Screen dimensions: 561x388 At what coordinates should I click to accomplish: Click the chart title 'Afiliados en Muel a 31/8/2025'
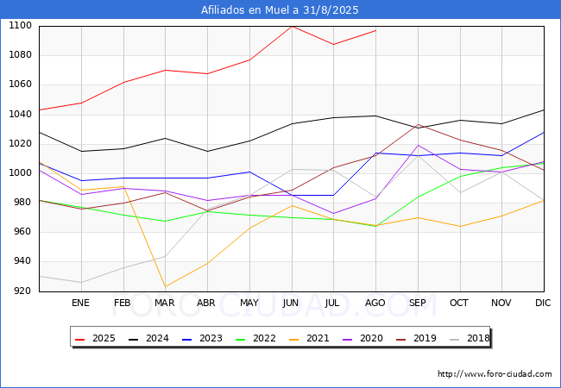pos(280,10)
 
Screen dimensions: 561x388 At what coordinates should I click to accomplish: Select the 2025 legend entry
pos(95,338)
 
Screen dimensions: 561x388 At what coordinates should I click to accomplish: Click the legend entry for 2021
pos(309,338)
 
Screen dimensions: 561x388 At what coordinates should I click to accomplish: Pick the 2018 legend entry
pos(470,338)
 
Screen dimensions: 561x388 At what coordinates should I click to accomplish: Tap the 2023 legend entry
pos(202,338)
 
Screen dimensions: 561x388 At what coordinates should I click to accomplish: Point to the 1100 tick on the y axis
pos(20,26)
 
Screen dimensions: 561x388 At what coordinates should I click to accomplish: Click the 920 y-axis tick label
pos(22,291)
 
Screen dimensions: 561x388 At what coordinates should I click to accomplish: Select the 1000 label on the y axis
pos(20,173)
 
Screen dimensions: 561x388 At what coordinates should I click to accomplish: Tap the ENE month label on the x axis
pos(80,303)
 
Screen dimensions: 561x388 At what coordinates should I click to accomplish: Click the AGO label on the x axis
pos(375,303)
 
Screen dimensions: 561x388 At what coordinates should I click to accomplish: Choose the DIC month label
pos(543,303)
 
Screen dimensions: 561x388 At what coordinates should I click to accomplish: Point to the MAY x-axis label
pos(249,303)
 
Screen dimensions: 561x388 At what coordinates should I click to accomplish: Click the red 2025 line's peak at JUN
pos(292,27)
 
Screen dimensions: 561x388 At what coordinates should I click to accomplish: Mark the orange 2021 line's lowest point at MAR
pos(166,286)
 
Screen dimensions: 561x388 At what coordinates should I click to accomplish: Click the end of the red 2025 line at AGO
pos(375,30)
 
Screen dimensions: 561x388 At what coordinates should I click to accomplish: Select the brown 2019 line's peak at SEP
pos(418,125)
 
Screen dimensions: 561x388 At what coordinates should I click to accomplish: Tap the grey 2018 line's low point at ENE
pos(82,282)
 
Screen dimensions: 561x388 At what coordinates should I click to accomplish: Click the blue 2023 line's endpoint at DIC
pos(544,133)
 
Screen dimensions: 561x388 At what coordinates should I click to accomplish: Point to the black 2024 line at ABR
pos(207,151)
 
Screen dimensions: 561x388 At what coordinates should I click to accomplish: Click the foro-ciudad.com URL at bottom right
pos(495,374)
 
